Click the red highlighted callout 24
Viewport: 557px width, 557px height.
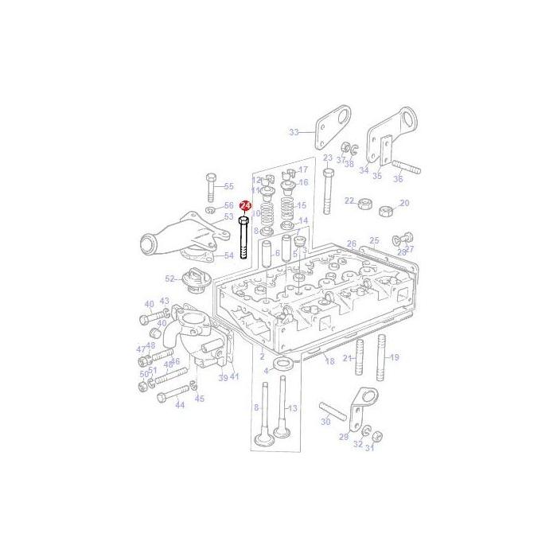[x=245, y=206]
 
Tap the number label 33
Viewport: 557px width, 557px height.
[x=294, y=132]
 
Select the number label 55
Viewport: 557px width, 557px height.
[x=229, y=186]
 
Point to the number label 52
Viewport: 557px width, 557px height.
[x=169, y=278]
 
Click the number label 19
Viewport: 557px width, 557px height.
[x=395, y=357]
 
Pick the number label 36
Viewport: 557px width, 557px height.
[x=398, y=178]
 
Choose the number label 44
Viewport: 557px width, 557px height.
[x=180, y=405]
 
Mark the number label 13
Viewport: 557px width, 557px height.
[x=292, y=408]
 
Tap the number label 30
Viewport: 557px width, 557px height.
[x=325, y=422]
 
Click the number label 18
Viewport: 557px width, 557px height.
[x=329, y=361]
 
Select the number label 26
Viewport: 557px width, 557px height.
[x=352, y=243]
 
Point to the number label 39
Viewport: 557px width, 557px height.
[x=224, y=377]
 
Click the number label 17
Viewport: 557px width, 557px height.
[x=303, y=169]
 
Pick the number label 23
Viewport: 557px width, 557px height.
[x=328, y=158]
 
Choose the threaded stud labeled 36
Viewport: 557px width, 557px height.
[x=405, y=168]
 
